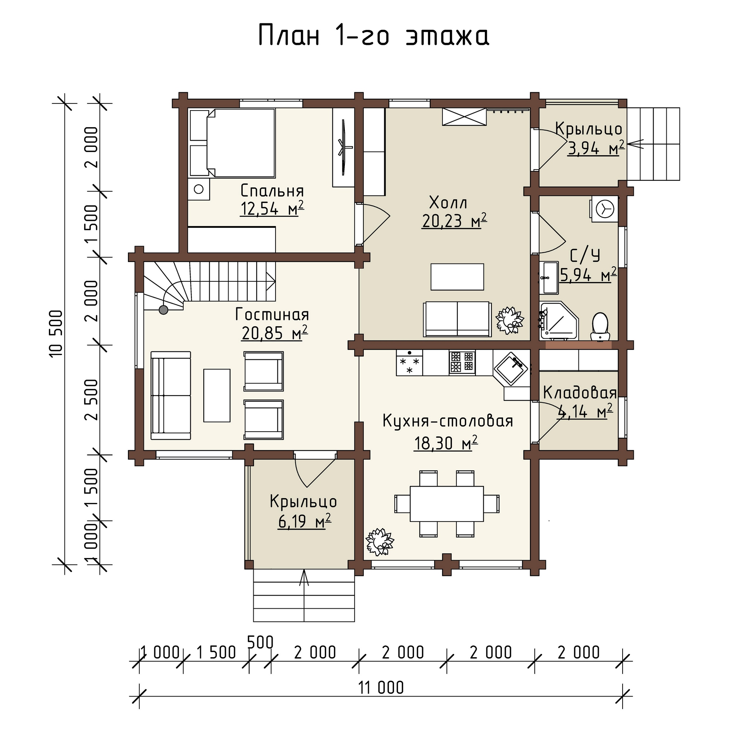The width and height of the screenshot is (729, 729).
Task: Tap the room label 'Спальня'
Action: tap(272, 191)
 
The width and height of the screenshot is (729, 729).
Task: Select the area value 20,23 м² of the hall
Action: tap(454, 221)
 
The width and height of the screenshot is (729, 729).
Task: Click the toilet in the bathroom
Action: tap(600, 327)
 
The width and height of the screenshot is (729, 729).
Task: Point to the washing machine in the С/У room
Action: tap(604, 209)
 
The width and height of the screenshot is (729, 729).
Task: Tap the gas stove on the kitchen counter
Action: tap(462, 363)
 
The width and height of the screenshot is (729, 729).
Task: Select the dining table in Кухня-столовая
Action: tap(447, 504)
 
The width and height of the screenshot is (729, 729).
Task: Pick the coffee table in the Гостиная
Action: tap(217, 395)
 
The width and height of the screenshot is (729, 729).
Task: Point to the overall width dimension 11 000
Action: tap(381, 687)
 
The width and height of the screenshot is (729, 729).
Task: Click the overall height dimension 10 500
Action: tap(55, 334)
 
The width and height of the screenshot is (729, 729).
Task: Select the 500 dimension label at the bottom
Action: tap(260, 642)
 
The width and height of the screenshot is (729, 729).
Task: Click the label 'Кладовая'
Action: tap(580, 393)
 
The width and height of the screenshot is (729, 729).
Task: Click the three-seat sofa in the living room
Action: tap(171, 395)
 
